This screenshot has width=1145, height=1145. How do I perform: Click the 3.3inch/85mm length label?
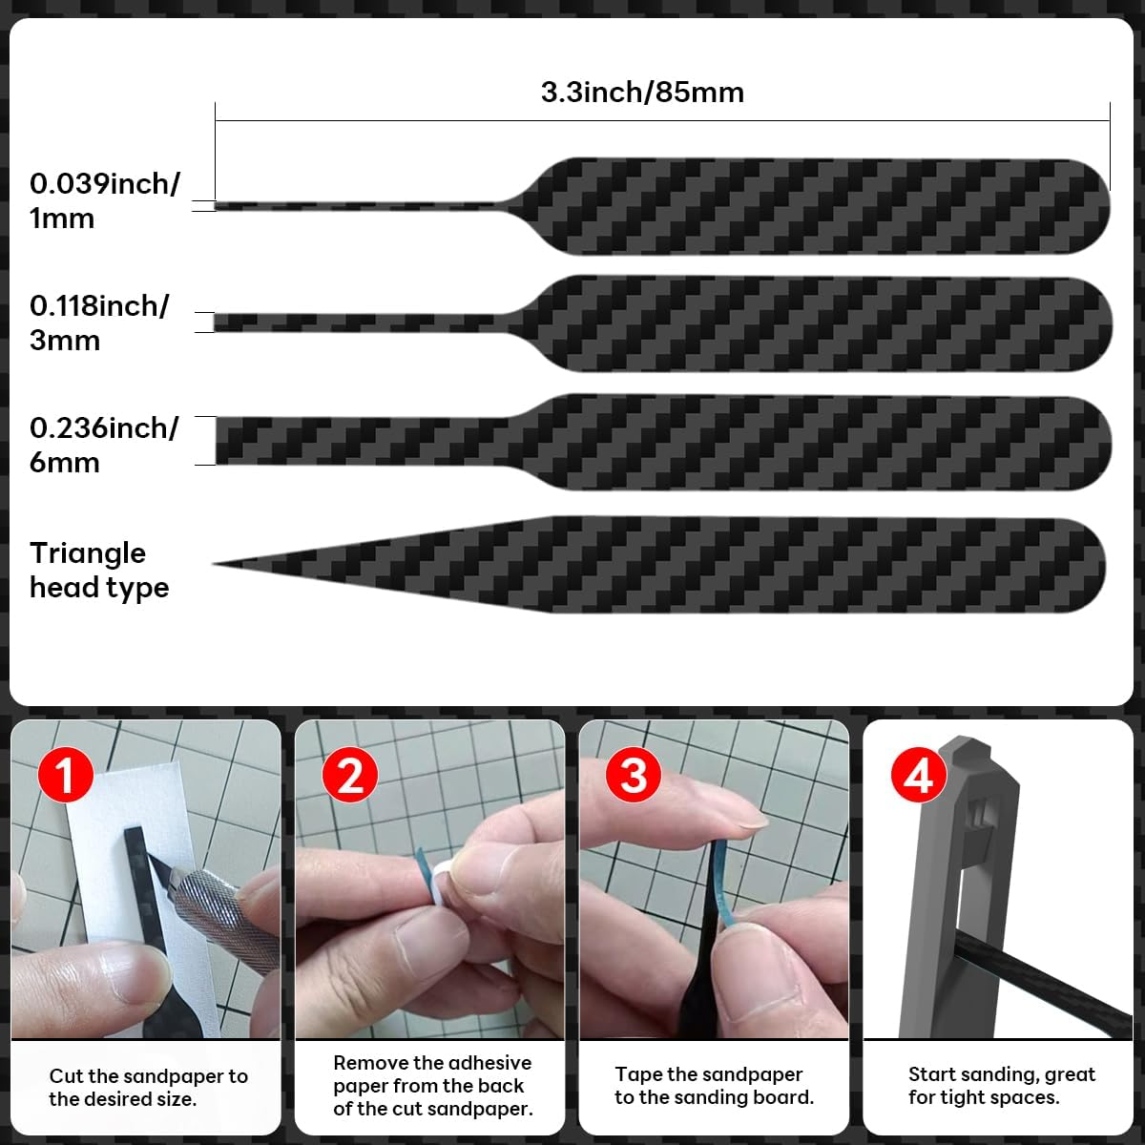tap(642, 93)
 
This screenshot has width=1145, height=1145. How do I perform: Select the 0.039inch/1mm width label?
tap(103, 200)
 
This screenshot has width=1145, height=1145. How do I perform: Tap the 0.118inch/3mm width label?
tap(99, 323)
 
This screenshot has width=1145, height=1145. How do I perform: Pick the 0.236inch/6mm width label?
tap(103, 445)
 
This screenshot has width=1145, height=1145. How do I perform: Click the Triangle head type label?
tap(99, 570)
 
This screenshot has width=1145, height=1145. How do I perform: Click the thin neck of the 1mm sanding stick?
tap(353, 205)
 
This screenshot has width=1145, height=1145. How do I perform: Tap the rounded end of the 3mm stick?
tap(1093, 323)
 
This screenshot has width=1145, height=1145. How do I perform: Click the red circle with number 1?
tap(65, 775)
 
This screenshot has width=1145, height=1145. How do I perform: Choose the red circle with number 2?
tap(350, 775)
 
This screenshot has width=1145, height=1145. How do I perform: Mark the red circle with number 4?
tap(918, 775)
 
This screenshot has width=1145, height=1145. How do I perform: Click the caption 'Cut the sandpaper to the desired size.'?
tap(148, 1088)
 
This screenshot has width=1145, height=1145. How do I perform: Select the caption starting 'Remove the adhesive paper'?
tap(432, 1086)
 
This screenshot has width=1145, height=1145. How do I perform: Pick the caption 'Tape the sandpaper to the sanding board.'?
tap(714, 1086)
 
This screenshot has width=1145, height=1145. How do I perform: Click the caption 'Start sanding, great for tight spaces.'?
tap(1001, 1086)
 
